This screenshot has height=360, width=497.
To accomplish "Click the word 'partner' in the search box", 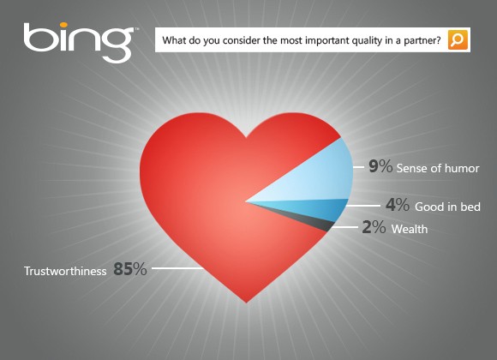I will click(420, 40).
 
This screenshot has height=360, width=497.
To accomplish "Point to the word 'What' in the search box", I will click(175, 40).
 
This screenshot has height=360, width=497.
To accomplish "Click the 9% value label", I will click(380, 166).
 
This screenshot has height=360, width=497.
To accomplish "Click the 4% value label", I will click(397, 207).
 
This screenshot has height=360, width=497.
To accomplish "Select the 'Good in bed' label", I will click(447, 207).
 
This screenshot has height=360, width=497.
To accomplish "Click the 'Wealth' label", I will click(409, 230).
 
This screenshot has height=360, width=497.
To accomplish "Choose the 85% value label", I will click(129, 270).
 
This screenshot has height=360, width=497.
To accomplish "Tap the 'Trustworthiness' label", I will click(65, 271).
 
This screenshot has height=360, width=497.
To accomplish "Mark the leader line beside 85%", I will click(177, 270).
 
